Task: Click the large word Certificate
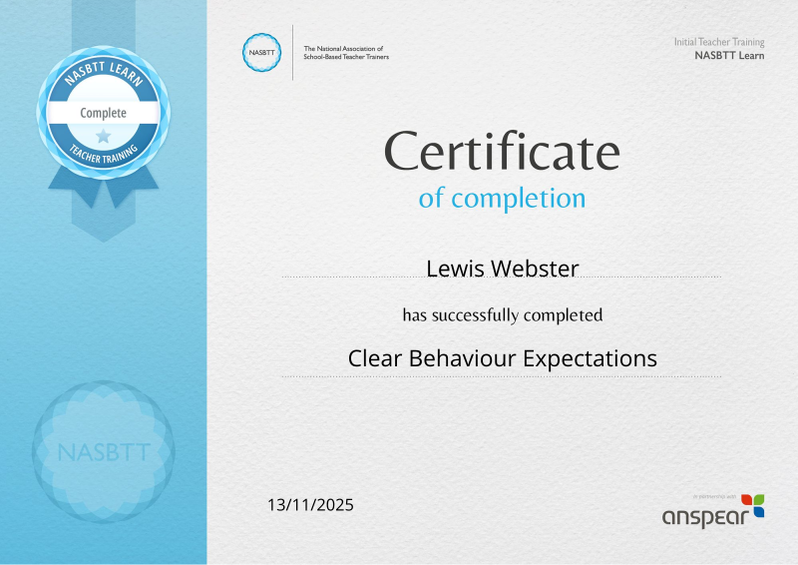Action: pos(502,151)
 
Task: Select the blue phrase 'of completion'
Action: pos(502,199)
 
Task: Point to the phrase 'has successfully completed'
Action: pos(503,314)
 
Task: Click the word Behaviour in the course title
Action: pos(463,358)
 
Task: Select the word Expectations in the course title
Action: pos(590,358)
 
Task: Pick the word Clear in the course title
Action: pos(375,358)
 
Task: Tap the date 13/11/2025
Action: pos(310,505)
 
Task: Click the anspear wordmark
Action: pos(705,517)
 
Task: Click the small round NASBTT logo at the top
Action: pos(261,53)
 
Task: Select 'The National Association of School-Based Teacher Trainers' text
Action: pos(346,53)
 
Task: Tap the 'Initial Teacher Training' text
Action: pos(719,42)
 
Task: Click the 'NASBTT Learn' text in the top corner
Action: pos(729,56)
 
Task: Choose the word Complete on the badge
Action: pos(104,113)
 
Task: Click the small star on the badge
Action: pos(104,136)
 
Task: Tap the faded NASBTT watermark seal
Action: pos(104,452)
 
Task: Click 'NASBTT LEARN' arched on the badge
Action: pos(104,71)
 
